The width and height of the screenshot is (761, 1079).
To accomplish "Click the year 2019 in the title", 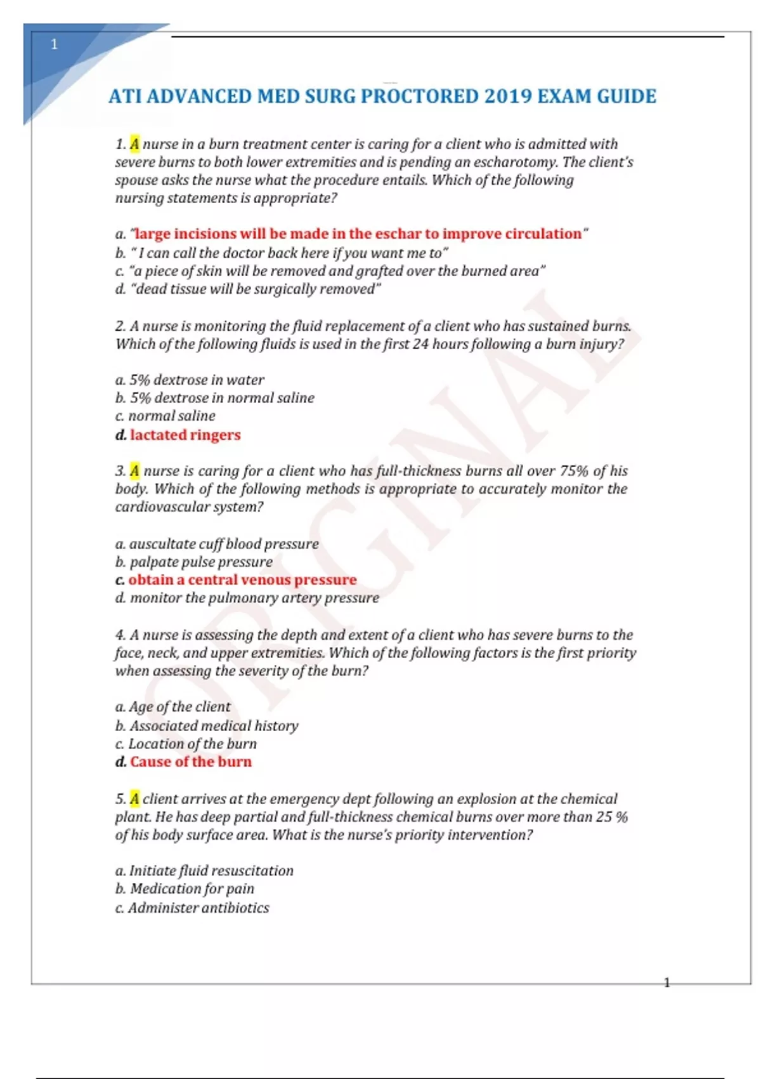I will pyautogui.click(x=507, y=96).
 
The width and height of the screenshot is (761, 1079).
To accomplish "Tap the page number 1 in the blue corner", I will pyautogui.click(x=54, y=44).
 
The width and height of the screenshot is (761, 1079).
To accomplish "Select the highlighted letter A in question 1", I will pyautogui.click(x=134, y=144).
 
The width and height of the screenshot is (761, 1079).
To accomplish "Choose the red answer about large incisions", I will pyautogui.click(x=358, y=234).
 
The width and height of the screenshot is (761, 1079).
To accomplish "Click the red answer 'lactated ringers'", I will pyautogui.click(x=185, y=435).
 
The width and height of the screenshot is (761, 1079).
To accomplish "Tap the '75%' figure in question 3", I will pyautogui.click(x=574, y=471).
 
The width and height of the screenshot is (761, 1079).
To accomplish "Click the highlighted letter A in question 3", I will pyautogui.click(x=134, y=471).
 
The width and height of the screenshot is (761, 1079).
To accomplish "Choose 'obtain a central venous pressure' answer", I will pyautogui.click(x=242, y=580).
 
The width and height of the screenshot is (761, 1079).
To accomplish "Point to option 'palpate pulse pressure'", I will pyautogui.click(x=201, y=562).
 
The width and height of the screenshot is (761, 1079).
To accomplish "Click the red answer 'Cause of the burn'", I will pyautogui.click(x=190, y=762).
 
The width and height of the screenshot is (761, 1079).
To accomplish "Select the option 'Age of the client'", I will pyautogui.click(x=179, y=707).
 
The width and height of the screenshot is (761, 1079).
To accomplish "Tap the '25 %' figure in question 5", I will pyautogui.click(x=611, y=818).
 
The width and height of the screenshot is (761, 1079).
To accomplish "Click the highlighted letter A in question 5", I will pyautogui.click(x=134, y=799).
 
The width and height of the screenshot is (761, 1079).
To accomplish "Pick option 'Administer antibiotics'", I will pyautogui.click(x=198, y=908).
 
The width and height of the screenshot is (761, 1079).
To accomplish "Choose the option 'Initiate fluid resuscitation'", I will pyautogui.click(x=211, y=871).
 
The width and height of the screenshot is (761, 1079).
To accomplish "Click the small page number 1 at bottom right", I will pyautogui.click(x=667, y=983).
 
